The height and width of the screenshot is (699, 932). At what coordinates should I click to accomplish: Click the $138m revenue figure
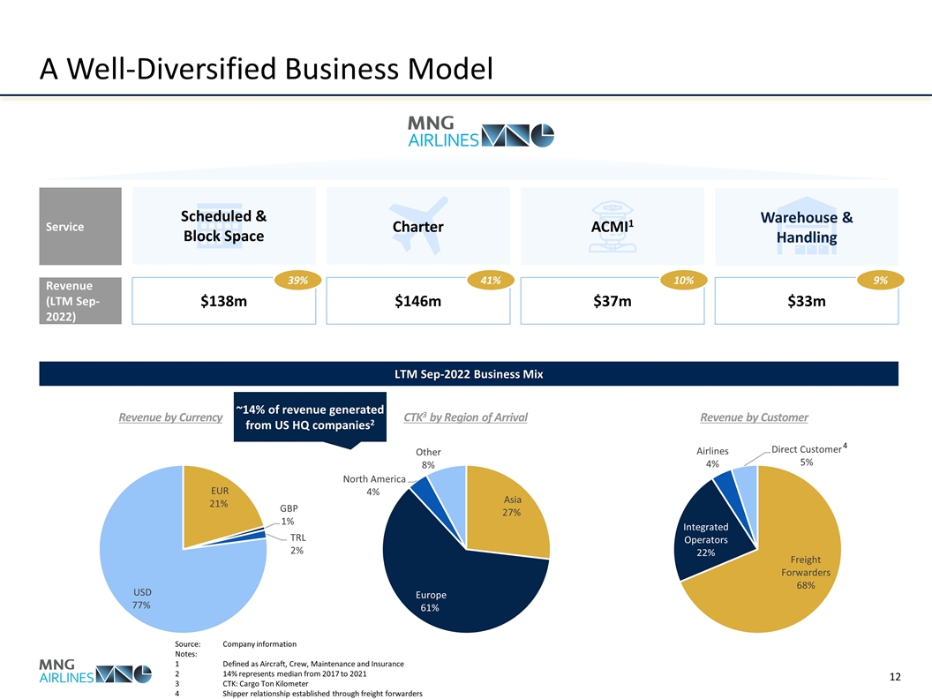(x=223, y=303)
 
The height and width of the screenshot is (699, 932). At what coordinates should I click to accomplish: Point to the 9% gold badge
(x=881, y=280)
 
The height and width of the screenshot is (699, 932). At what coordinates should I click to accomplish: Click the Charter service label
(x=417, y=228)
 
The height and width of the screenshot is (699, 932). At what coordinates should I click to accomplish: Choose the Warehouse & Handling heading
(x=806, y=228)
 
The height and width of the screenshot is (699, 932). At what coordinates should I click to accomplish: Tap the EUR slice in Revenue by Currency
(x=216, y=503)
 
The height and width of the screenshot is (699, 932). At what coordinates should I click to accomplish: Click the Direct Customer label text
(x=806, y=450)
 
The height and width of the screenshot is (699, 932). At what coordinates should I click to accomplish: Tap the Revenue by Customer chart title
(x=754, y=417)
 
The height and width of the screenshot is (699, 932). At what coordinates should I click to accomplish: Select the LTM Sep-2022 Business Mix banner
(x=468, y=373)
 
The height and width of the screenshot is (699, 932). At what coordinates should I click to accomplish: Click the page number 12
(x=894, y=677)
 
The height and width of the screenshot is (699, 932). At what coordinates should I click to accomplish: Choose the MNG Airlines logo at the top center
(x=479, y=132)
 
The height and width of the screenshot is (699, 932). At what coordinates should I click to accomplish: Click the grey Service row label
(x=79, y=227)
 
